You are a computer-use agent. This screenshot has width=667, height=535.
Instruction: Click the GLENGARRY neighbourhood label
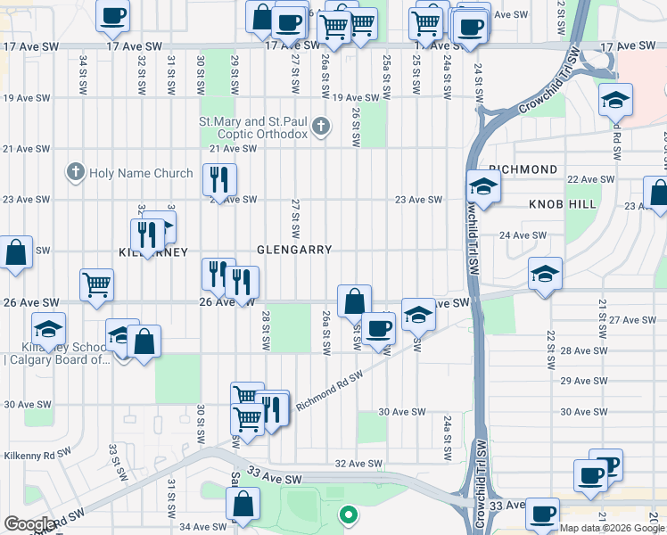click(x=294, y=251)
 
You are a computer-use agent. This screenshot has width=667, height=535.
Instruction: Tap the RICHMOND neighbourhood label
click(x=523, y=169)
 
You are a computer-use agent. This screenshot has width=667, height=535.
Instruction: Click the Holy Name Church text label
click(x=141, y=174)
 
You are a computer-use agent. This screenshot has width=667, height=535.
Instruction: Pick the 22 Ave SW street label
click(x=592, y=179)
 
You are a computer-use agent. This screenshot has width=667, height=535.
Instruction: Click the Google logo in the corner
click(x=29, y=524)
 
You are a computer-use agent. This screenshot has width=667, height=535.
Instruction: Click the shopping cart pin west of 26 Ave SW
click(x=96, y=285)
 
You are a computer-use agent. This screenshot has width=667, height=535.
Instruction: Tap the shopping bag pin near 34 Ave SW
click(x=243, y=504)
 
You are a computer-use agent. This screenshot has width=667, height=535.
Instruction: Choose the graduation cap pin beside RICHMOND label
click(x=482, y=185)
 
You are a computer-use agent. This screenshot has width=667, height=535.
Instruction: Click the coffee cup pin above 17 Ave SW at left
click(x=112, y=14)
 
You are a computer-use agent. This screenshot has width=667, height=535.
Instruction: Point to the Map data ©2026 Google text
click(x=612, y=528)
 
